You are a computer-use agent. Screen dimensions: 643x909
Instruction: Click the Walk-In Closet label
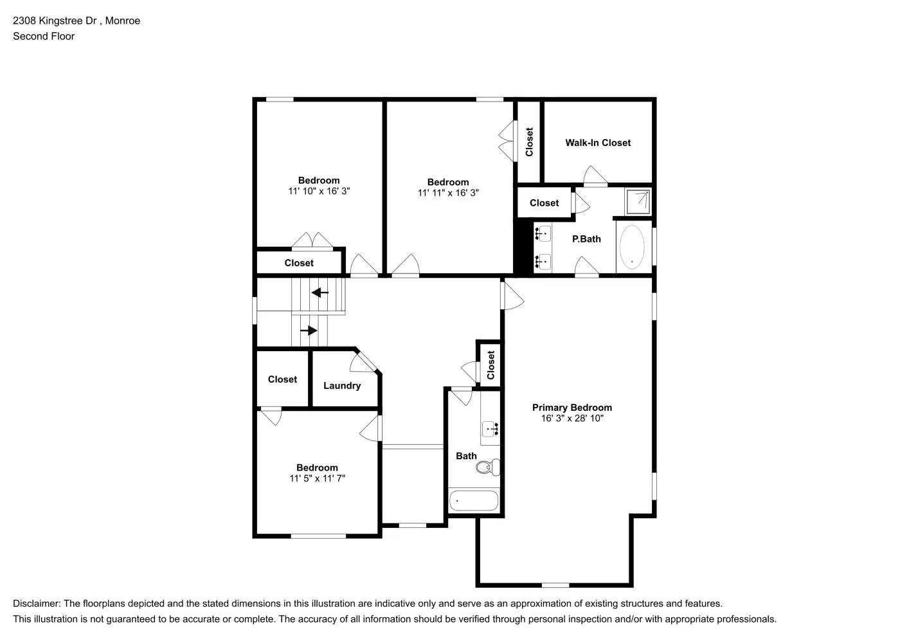(x=598, y=143)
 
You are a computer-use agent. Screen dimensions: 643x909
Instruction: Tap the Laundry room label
(x=341, y=386)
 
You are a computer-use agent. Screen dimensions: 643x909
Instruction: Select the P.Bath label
(x=586, y=239)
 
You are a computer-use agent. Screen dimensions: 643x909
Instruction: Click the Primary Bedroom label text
(x=571, y=408)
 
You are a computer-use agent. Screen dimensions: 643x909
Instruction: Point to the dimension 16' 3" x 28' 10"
(x=571, y=419)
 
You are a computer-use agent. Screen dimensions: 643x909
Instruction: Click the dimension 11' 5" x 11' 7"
(x=317, y=478)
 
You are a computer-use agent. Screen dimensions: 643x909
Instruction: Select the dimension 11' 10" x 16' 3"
(x=319, y=191)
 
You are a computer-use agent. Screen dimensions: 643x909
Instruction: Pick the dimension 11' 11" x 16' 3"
(x=448, y=193)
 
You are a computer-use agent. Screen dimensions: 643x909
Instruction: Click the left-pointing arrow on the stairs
(x=319, y=293)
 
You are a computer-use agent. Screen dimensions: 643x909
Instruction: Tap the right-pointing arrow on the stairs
(x=309, y=331)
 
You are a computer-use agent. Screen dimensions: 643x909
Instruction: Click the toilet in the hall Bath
(x=489, y=467)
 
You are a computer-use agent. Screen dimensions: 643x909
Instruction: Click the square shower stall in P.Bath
(x=638, y=201)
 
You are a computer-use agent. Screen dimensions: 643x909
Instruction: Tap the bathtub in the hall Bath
(x=474, y=500)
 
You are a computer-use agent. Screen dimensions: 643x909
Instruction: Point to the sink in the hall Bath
(x=491, y=429)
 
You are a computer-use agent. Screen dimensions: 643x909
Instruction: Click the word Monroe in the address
(x=122, y=21)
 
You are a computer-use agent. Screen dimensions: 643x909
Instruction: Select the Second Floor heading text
(x=44, y=37)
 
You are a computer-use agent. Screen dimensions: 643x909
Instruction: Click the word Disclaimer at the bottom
(x=36, y=604)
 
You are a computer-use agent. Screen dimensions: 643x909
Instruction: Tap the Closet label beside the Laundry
(x=282, y=379)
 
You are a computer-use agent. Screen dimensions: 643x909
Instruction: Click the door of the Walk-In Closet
(x=595, y=177)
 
